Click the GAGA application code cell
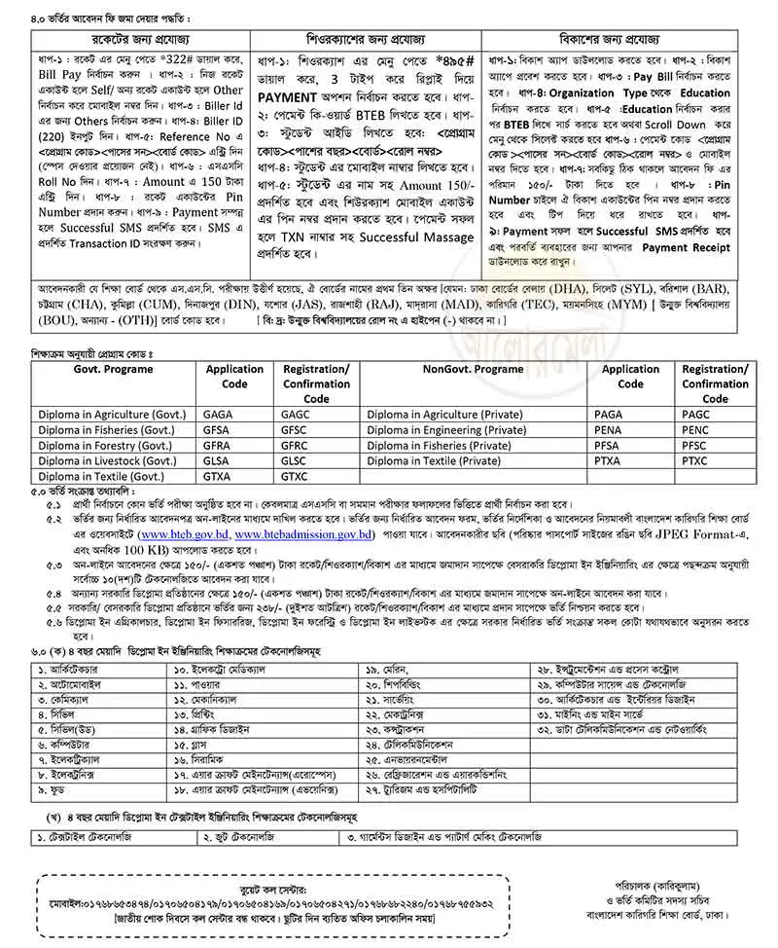[217, 415]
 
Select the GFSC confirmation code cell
[295, 430]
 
